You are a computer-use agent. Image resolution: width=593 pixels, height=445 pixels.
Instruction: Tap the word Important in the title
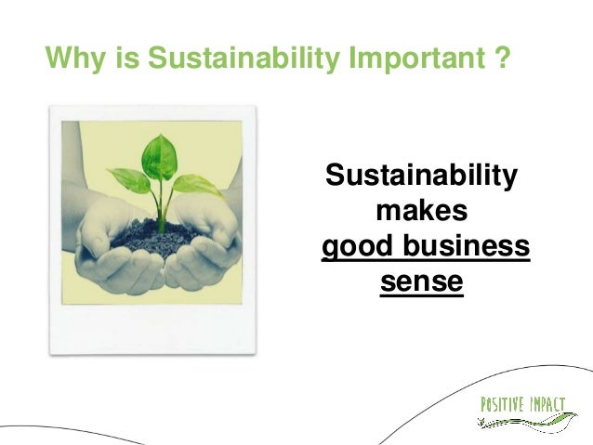coord(411,59)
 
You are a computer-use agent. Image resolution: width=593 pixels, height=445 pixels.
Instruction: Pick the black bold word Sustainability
coord(420,177)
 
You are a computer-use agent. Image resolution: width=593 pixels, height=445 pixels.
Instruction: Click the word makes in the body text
coord(420,212)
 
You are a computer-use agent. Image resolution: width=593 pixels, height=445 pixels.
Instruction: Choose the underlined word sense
coord(421,281)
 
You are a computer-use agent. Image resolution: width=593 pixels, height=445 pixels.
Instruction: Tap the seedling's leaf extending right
coord(196,185)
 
